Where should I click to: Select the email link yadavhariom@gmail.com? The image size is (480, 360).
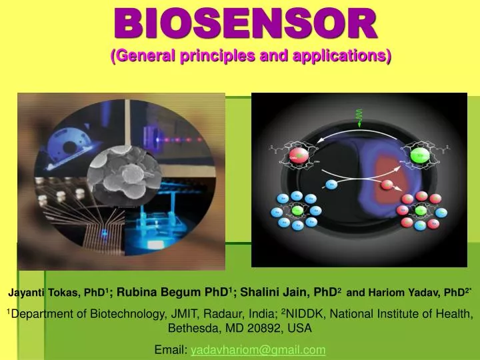(258, 349)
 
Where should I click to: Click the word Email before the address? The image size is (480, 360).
(170, 349)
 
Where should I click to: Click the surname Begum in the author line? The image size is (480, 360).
(191, 292)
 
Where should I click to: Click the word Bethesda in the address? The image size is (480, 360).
(191, 328)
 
